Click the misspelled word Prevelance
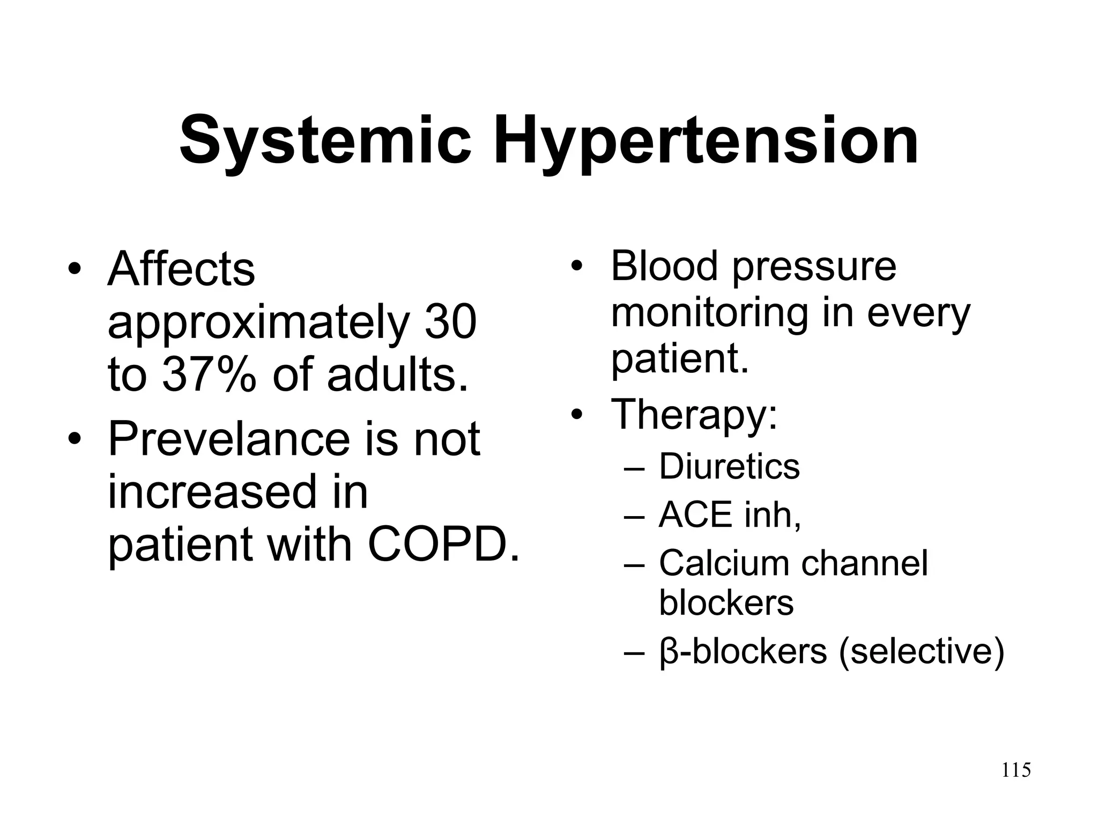(x=229, y=439)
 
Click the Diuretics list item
(x=729, y=466)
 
